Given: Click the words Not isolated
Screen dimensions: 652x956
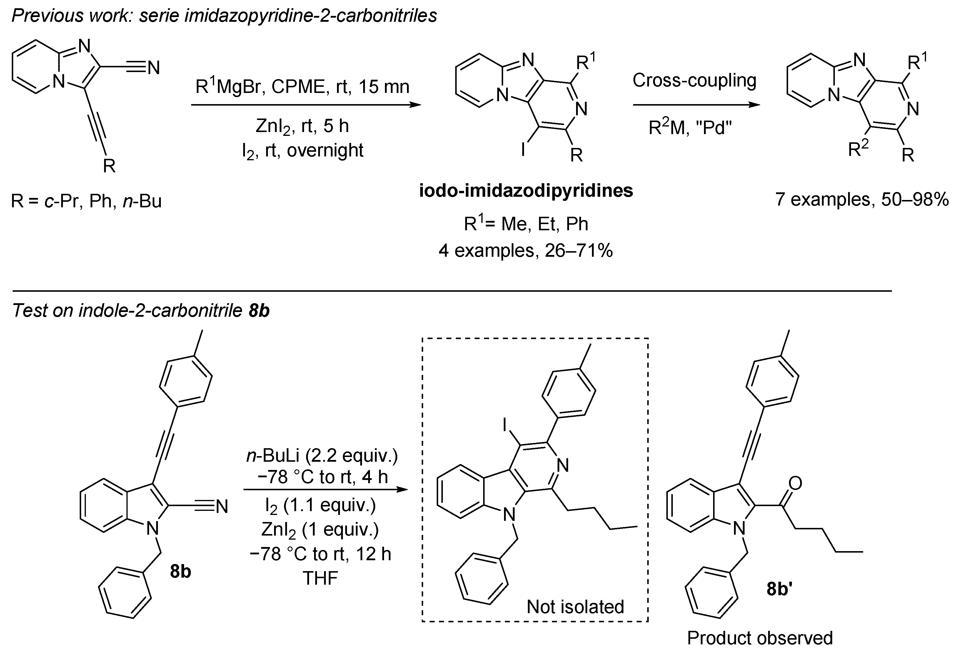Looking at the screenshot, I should tap(575, 607).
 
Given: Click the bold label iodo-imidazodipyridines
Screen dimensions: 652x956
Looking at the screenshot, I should tap(526, 191).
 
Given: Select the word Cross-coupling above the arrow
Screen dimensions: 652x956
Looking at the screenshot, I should tap(694, 80).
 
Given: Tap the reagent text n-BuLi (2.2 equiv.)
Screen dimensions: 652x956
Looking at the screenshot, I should tap(322, 456).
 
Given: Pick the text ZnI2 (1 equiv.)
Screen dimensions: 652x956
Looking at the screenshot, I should tap(320, 530).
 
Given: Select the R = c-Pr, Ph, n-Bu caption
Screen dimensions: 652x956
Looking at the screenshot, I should tap(86, 201).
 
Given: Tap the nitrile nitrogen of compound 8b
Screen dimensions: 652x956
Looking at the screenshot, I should tap(222, 506).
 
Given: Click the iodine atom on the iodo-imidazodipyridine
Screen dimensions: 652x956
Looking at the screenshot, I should tap(523, 150).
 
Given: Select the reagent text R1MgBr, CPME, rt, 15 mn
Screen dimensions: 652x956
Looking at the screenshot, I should tap(303, 86).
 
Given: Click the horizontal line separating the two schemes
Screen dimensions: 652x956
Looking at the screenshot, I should tap(453, 291).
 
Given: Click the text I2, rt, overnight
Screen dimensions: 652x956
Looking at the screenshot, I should tap(303, 151).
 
